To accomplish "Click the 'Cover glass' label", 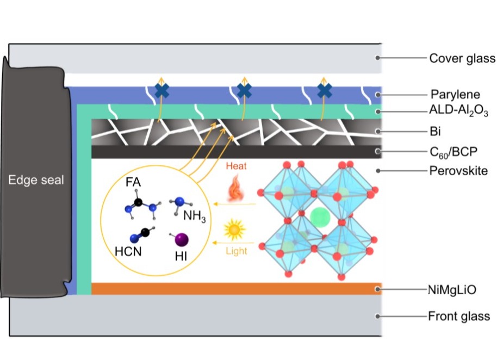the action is tap(462, 58).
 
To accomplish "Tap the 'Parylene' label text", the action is tap(455, 95).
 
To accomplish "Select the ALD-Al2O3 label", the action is tap(458, 110).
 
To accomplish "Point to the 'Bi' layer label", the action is tap(435, 131).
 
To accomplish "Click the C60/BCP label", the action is tap(453, 152).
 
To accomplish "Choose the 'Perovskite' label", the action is tap(458, 171).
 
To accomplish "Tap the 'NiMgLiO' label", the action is tap(452, 290).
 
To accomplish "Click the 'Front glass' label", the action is tap(459, 316).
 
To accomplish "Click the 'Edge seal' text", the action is tap(36, 180).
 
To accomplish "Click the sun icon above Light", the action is tap(234, 229).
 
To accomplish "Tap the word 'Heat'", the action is tap(236, 166).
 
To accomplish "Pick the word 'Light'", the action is tap(236, 251).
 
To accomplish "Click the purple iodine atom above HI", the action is tap(182, 240).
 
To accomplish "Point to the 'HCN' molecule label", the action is tap(128, 252).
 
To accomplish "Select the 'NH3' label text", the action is tap(194, 216).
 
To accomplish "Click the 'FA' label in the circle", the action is tap(133, 182).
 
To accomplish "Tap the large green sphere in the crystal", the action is tap(320, 218).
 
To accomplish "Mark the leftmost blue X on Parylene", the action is tap(161, 91).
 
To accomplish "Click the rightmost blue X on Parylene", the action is tap(325, 91).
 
